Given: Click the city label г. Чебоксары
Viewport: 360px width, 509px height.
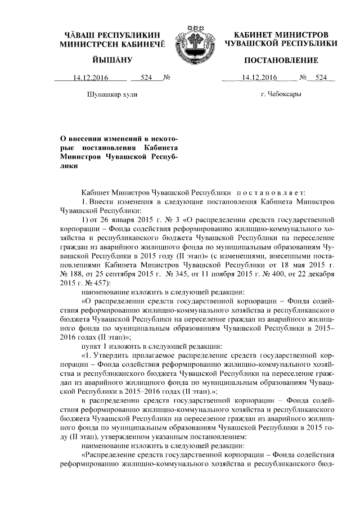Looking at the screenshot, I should click(281, 94).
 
